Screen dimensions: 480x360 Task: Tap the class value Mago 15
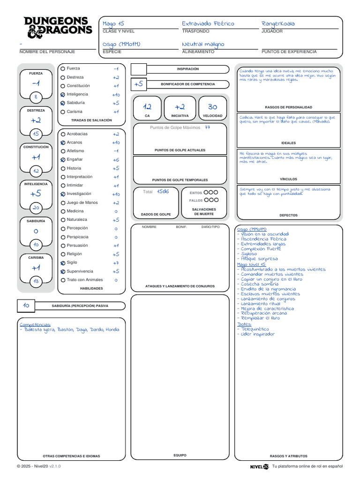[113, 23]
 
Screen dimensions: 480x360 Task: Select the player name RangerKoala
[278, 23]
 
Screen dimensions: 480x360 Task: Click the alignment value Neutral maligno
[202, 44]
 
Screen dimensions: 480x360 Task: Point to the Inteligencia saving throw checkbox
[63, 94]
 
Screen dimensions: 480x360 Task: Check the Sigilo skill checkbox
[63, 263]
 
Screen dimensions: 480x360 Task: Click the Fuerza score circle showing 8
[36, 97]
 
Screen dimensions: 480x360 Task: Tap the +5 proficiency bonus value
[138, 84]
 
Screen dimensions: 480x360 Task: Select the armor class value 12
[148, 106]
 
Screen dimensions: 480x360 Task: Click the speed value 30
[212, 106]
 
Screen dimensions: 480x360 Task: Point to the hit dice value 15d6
[163, 191]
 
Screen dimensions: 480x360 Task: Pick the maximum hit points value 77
[207, 127]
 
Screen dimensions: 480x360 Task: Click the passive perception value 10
[26, 305]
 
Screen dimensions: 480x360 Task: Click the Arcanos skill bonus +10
[115, 142]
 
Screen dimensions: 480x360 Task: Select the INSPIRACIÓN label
[187, 69]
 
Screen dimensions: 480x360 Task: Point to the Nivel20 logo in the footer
[259, 466]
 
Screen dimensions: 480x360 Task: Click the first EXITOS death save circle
[206, 192]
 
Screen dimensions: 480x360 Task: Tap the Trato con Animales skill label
[84, 280]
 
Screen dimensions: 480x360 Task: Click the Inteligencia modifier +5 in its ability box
[36, 194]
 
